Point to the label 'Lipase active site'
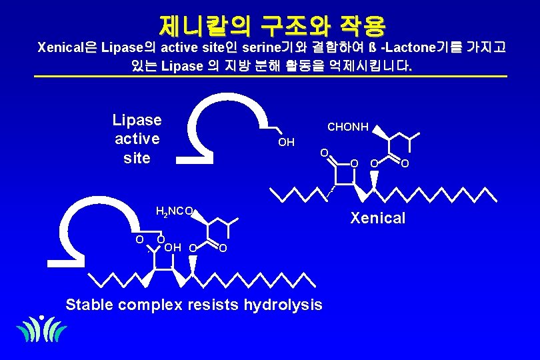click(137, 139)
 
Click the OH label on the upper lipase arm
click(286, 142)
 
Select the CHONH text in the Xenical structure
click(347, 127)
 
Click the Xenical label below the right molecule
click(378, 218)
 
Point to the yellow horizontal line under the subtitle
click(270, 77)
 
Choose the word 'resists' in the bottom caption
click(215, 305)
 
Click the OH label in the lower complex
click(173, 248)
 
